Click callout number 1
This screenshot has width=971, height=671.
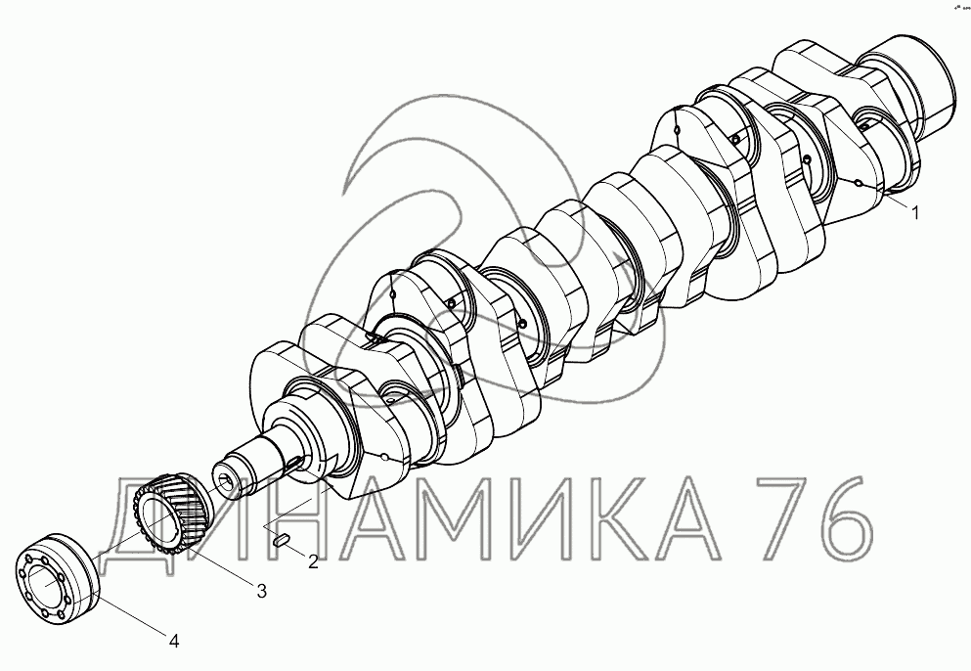[914, 212]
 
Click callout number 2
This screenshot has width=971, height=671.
[313, 561]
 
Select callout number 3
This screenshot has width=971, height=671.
[262, 591]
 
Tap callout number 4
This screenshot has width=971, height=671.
[174, 642]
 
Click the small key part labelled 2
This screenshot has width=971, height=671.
[282, 540]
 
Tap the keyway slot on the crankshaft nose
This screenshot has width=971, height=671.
[296, 461]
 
